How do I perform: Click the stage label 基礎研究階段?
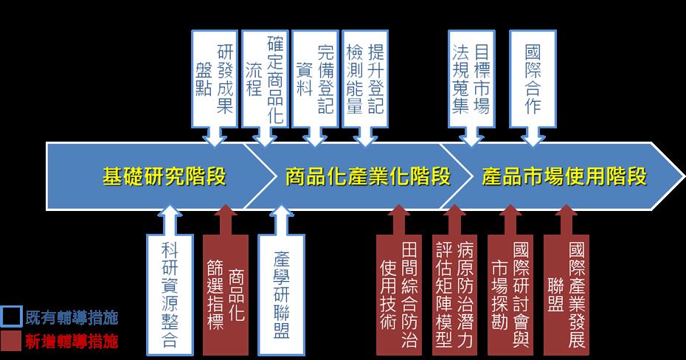pyautogui.click(x=164, y=176)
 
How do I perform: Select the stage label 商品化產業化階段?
pyautogui.click(x=367, y=176)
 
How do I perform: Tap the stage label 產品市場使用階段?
pyautogui.click(x=564, y=176)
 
